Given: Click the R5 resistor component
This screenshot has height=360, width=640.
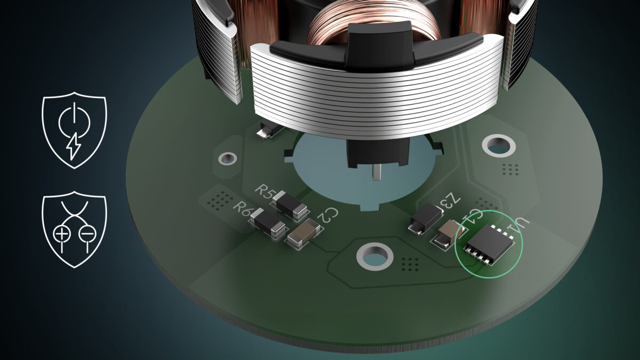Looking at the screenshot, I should click(x=290, y=206).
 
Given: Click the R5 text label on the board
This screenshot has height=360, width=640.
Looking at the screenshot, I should click(x=265, y=190).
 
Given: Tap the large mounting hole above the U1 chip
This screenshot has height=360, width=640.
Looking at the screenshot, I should click(x=497, y=145).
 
